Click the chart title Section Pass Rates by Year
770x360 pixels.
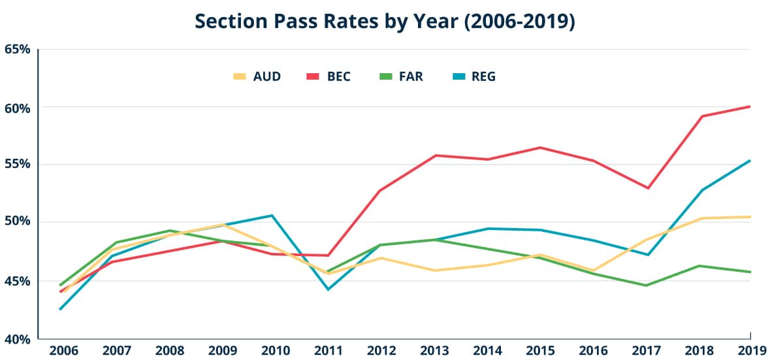385,22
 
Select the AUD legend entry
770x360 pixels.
257,76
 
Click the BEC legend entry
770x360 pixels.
329,76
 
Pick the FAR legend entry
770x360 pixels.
400,76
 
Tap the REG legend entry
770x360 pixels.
474,76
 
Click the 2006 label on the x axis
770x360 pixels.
63,350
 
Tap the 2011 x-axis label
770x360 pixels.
327,350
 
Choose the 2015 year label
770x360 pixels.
539,350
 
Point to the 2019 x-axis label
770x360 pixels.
751,350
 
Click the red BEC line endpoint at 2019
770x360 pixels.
750,106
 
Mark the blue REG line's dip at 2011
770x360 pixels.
327,289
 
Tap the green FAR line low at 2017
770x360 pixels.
645,286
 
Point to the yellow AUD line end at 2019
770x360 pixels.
750,217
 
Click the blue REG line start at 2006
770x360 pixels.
60,309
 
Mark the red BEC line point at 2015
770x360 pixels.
539,148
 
